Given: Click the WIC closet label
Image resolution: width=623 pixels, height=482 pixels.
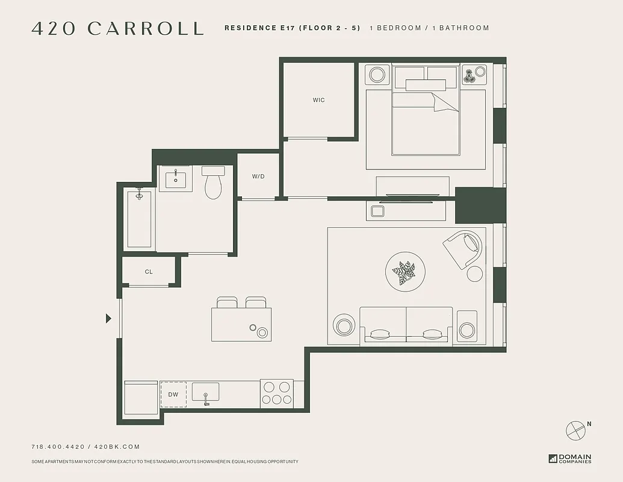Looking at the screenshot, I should point(318,100).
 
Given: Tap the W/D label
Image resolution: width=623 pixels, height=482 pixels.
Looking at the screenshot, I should point(258,177).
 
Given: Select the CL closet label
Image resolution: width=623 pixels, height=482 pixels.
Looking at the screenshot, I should point(149,272).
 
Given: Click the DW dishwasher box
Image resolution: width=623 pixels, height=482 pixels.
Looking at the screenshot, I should point(173,395).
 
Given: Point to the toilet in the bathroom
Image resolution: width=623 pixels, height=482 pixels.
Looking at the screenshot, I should point(213,184).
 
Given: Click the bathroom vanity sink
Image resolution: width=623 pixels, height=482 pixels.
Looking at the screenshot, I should point(176,178).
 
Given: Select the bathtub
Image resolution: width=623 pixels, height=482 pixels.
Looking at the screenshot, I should point(139,218).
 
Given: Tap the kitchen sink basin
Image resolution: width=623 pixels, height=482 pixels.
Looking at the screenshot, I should point(206,393).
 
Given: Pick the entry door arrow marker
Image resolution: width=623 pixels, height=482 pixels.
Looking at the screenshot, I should point(108,318).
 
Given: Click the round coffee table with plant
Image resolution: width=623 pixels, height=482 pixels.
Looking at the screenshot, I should point(405,272).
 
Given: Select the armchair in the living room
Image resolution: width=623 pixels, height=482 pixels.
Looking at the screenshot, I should point(463,249).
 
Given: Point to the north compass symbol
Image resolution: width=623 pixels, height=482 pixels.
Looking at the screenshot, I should point(575,430).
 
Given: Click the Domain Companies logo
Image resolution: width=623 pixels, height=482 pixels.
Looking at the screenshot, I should point(570,459).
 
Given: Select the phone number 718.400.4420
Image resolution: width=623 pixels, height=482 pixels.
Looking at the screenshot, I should point(57,446).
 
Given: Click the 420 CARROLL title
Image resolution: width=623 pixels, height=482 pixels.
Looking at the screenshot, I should point(117,28).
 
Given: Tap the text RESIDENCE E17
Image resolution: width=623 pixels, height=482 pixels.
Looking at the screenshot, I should point(264,28).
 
